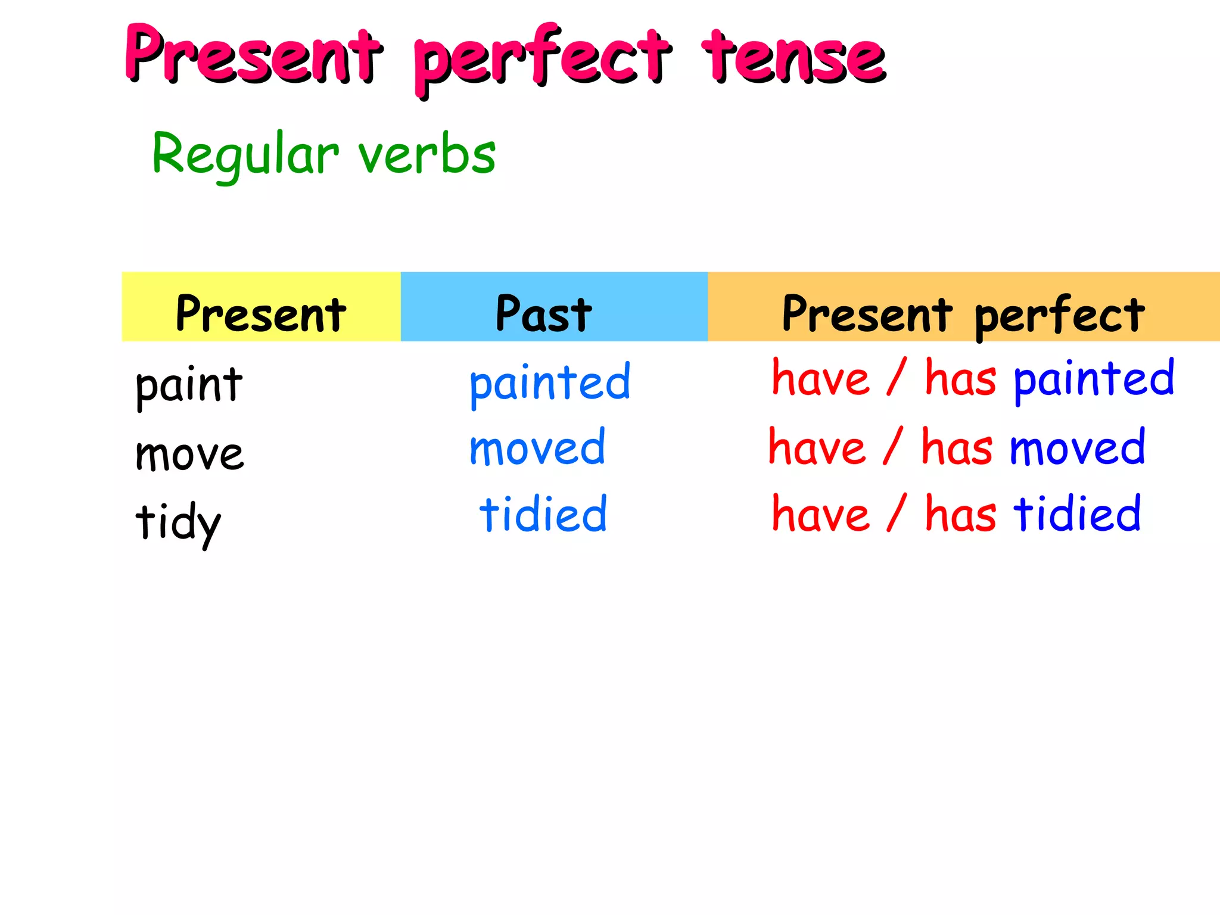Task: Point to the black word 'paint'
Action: tap(189, 385)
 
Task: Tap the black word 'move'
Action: tap(189, 455)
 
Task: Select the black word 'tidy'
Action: tap(178, 522)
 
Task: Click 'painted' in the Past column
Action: tap(550, 382)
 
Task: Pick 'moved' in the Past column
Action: tap(537, 447)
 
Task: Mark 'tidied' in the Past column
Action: tap(543, 513)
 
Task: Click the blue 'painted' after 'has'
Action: tap(1094, 379)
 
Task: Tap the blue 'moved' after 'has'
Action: tap(1077, 447)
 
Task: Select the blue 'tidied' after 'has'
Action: tap(1077, 513)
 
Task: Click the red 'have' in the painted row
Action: tap(820, 378)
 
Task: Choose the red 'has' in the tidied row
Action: tap(960, 513)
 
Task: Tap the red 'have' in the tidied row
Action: tap(820, 513)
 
